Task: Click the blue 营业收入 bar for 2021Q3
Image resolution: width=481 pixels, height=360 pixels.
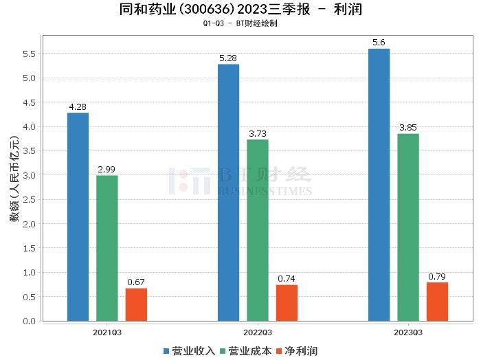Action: [78, 216]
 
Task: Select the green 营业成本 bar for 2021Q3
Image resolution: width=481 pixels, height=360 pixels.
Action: [107, 248]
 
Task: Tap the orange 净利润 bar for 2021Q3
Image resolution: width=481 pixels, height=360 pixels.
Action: [136, 304]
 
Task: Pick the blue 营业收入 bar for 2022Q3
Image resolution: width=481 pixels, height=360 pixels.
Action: [228, 192]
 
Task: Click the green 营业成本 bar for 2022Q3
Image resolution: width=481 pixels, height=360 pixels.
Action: [258, 230]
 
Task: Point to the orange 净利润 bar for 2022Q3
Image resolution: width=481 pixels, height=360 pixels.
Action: [287, 303]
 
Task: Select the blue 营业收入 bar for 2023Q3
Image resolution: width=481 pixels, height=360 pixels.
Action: [379, 184]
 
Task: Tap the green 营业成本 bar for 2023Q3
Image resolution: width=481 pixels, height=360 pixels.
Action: [408, 227]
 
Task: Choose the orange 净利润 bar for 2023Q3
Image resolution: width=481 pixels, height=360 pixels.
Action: [437, 302]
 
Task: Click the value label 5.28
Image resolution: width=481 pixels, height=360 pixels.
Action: [228, 58]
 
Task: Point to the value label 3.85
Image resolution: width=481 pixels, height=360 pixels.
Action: [408, 128]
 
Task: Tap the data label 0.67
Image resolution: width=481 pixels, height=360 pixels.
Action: [136, 282]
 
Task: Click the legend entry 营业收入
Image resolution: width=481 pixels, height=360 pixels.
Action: [189, 350]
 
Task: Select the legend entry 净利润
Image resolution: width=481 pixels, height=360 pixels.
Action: [296, 350]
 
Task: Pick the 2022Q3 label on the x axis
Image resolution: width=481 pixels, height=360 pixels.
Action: [258, 332]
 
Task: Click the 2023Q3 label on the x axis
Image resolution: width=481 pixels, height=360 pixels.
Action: [408, 332]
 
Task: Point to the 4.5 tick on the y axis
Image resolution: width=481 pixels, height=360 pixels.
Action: [30, 102]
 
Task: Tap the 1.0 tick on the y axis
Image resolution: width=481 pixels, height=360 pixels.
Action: [30, 273]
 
